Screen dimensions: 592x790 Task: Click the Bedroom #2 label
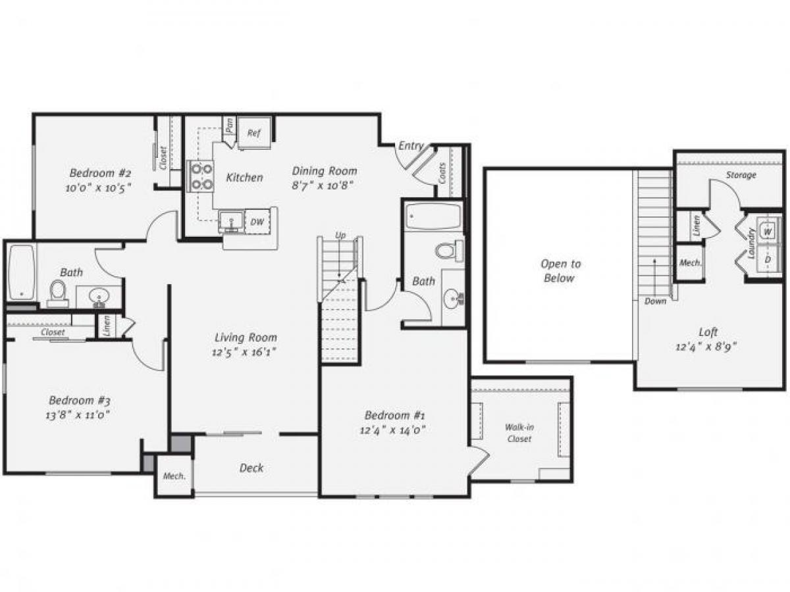101,173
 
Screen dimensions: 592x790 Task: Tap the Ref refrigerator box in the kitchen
253,133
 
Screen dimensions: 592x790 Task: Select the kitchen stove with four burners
201,176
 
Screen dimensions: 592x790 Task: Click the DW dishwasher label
257,222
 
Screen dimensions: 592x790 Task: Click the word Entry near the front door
411,146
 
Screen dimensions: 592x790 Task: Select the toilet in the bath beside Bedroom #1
447,251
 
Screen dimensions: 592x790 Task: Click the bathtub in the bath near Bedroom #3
21,272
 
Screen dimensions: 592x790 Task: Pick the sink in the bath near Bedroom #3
99,295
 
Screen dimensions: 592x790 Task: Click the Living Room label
246,337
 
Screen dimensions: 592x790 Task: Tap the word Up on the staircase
340,235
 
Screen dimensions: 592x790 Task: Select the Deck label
251,468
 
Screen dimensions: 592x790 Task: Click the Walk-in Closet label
519,433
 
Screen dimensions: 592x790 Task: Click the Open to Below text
560,271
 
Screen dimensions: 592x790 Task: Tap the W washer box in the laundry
768,231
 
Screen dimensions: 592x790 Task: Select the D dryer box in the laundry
768,259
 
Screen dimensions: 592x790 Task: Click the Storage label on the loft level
741,175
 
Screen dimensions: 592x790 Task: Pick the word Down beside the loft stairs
656,301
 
